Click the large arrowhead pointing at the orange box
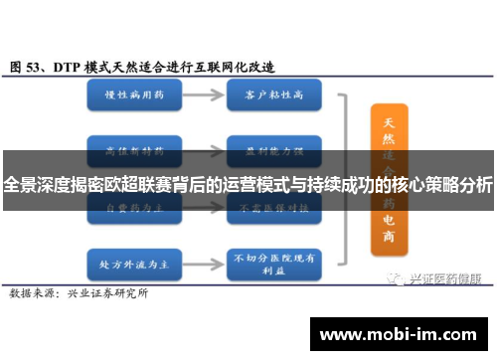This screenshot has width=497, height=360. coord(353,167)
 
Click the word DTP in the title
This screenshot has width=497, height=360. coord(68,67)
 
